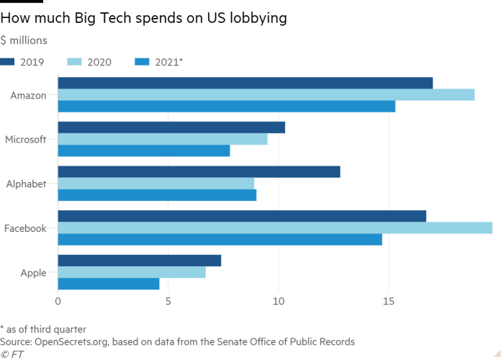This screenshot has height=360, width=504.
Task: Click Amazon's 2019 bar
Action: coord(245,82)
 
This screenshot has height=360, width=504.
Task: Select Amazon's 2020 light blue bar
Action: coord(266,94)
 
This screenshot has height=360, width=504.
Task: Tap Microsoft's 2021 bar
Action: coord(144,151)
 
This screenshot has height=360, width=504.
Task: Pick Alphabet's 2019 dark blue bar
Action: coord(199,171)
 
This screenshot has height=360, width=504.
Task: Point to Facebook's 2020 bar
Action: coord(275,228)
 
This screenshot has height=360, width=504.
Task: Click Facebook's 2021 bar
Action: coord(220,240)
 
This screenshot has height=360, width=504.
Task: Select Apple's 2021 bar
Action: coord(108,284)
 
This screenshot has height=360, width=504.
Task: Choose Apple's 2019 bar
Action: coord(140,260)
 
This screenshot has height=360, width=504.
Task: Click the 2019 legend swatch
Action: coord(9,63)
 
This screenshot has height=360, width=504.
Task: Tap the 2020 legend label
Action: coord(99,63)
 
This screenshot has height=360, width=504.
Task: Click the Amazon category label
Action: coord(29,94)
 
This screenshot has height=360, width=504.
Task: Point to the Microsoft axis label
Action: coord(25,139)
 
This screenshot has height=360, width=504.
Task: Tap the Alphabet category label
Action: coord(27,184)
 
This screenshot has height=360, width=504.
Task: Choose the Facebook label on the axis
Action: coord(25,228)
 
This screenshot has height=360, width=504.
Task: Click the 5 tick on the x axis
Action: coord(168,302)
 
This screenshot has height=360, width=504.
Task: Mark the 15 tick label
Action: coord(388,302)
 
